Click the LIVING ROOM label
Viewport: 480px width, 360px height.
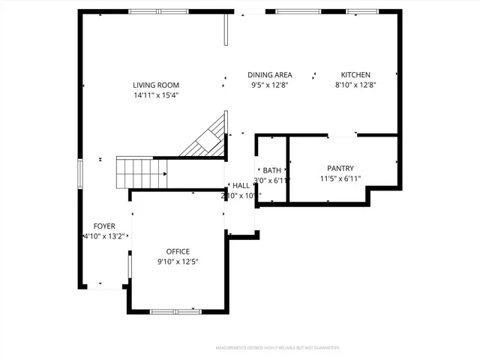pos(156,85)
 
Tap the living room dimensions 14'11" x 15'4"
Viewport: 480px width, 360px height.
pos(156,95)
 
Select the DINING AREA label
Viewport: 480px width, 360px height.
pos(270,75)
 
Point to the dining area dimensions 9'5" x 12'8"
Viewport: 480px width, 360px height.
pos(270,85)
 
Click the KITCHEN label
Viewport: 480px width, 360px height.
pos(355,75)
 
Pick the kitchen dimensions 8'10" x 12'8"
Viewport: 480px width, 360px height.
pos(355,85)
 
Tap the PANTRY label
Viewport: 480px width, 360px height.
pos(340,169)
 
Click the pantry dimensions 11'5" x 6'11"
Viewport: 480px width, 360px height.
pos(340,178)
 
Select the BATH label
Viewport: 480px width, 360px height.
pos(271,171)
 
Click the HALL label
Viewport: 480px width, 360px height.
pos(241,186)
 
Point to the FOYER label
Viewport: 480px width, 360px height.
pos(104,226)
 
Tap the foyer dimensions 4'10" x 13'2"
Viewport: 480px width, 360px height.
pos(104,236)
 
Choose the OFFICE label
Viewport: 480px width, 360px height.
pos(178,251)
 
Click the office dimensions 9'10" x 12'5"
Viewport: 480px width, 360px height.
pos(178,262)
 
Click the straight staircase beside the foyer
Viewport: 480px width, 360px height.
pos(142,173)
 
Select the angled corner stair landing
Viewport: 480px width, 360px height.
pos(208,139)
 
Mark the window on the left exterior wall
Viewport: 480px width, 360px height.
pos(80,172)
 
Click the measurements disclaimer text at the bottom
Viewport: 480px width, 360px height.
pos(277,348)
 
